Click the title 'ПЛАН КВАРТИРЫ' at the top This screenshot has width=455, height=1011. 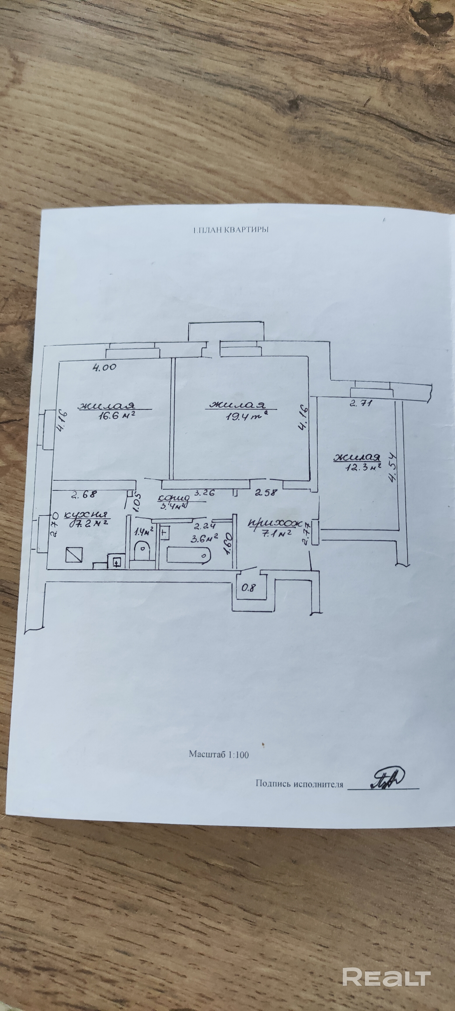230,231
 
